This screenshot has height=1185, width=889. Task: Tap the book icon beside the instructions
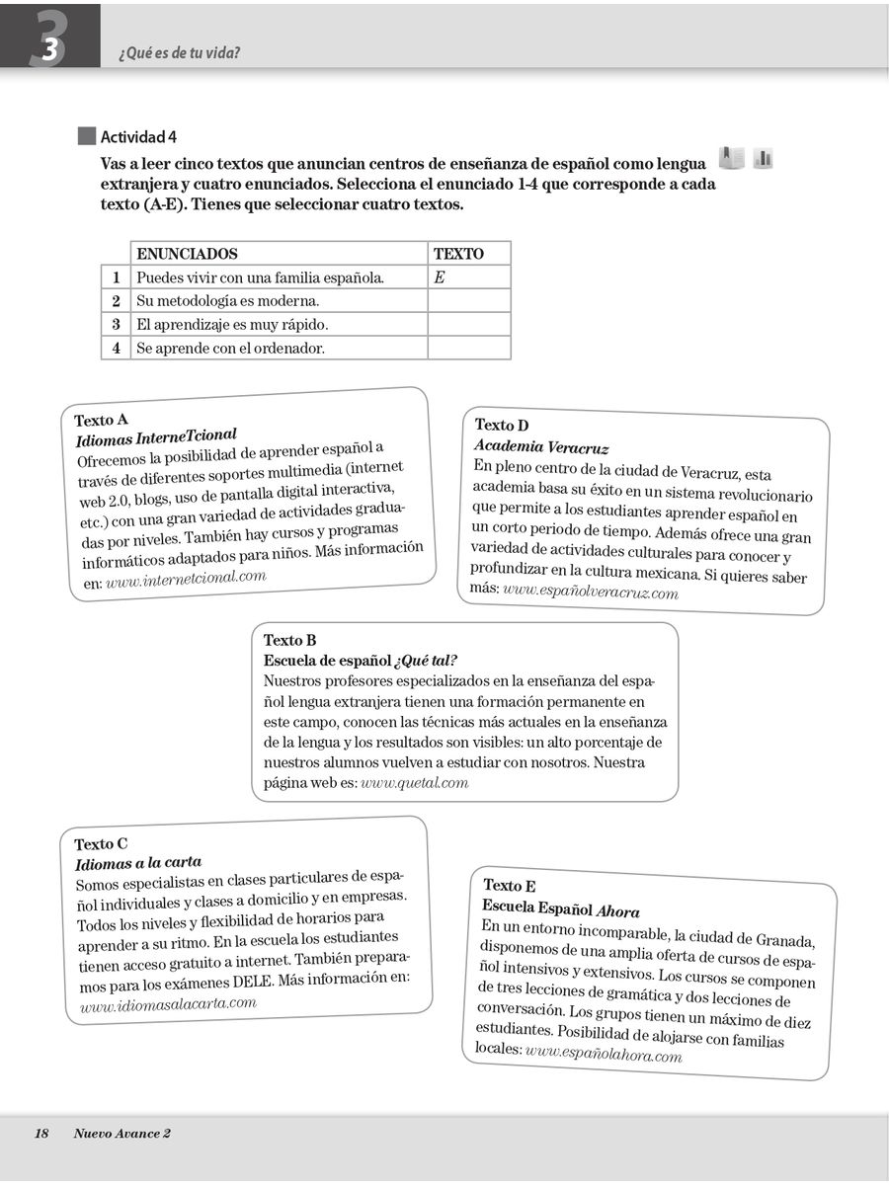(731, 157)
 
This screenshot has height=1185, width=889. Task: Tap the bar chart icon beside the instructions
(763, 157)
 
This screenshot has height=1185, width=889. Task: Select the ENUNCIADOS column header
(187, 254)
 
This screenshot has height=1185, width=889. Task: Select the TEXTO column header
(458, 254)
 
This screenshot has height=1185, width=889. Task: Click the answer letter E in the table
(440, 277)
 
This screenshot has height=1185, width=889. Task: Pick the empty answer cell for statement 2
(469, 301)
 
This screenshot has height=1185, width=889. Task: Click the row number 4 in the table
(116, 348)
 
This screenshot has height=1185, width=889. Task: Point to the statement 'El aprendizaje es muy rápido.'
(232, 324)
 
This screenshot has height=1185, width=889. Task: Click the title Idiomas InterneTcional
(156, 435)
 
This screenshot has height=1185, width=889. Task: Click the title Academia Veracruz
(541, 447)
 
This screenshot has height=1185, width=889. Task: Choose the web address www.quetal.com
(414, 783)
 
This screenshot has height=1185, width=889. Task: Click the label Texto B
(289, 641)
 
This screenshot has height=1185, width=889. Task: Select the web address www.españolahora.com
(604, 1054)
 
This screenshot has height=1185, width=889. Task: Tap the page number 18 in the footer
(41, 1134)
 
